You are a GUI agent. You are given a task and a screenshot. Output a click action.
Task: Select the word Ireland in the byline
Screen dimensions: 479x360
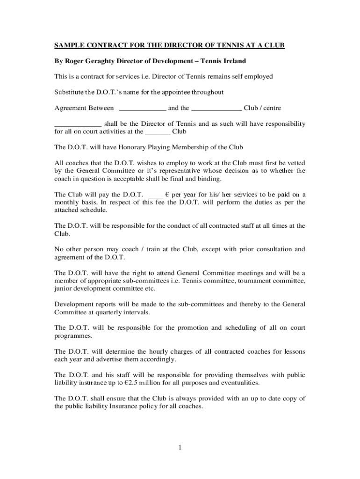point(232,61)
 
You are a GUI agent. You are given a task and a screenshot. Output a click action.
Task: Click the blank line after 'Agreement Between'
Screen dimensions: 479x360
point(143,109)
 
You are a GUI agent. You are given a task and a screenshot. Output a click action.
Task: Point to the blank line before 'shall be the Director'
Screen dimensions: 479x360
point(78,124)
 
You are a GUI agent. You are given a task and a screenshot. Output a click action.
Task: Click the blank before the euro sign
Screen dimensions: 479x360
point(155,195)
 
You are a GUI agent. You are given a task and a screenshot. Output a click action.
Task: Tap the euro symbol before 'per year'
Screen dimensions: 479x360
point(167,195)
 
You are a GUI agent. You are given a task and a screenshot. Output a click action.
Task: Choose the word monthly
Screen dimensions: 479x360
point(67,203)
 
